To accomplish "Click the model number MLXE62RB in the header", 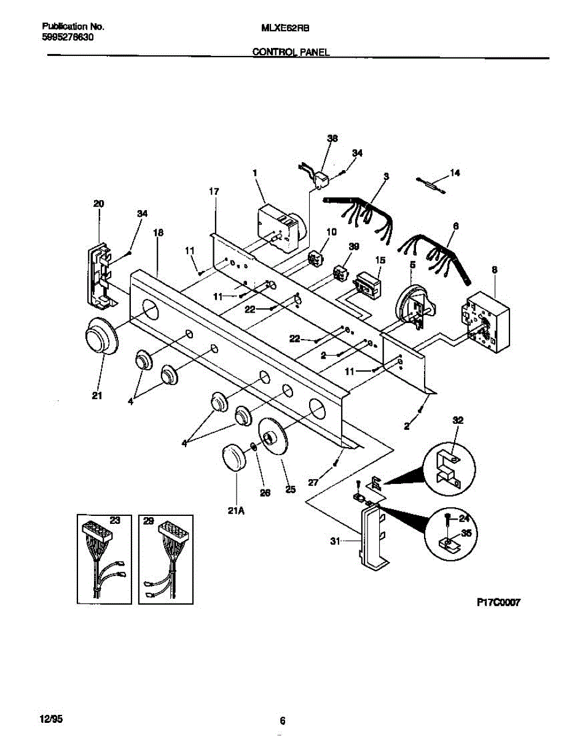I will coord(286,28).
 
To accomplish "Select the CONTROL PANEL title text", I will coord(291,53).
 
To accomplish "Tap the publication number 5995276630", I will coord(68,37).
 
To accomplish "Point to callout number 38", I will coord(332,139).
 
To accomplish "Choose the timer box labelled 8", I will coord(485,322).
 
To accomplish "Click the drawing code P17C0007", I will coord(498,603).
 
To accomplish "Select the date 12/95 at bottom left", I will coord(51,717).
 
